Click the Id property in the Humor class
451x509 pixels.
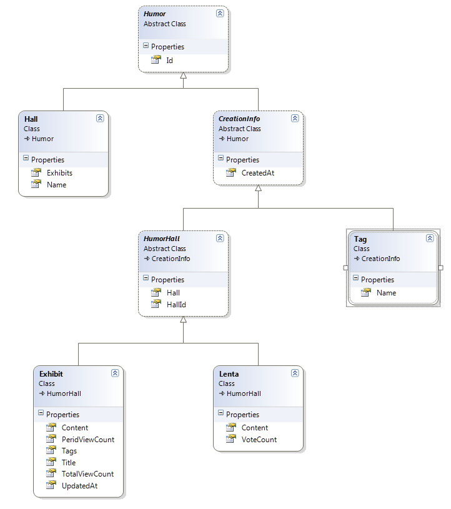(x=169, y=61)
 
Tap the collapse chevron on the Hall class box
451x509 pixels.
(x=100, y=118)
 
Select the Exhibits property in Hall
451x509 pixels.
(x=59, y=173)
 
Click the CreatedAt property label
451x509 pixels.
(x=258, y=173)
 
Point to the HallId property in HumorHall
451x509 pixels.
(x=176, y=305)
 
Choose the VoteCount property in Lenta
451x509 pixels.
(x=259, y=440)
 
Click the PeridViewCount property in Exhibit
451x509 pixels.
(x=88, y=440)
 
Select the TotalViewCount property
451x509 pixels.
(x=87, y=474)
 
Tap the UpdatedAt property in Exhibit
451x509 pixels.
(x=79, y=486)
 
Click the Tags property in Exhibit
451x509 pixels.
(x=69, y=451)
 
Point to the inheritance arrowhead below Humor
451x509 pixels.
(x=184, y=76)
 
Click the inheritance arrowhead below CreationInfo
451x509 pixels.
(x=258, y=188)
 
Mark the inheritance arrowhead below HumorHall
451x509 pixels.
(x=184, y=319)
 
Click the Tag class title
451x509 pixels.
(x=360, y=239)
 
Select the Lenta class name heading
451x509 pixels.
(x=229, y=374)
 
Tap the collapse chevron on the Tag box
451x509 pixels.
(x=430, y=239)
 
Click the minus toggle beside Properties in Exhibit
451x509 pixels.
(x=41, y=413)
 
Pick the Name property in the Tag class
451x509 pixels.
(x=387, y=293)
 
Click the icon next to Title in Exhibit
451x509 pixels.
(x=51, y=462)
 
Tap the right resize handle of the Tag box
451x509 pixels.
(x=440, y=268)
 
